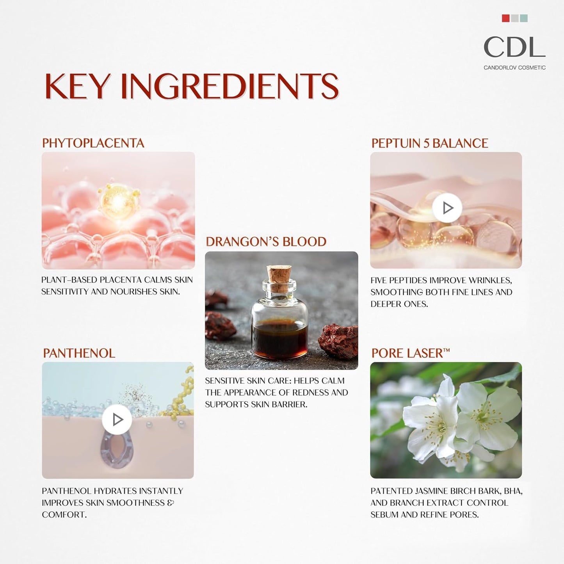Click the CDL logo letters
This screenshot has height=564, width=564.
514,47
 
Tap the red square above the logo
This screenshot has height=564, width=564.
506,18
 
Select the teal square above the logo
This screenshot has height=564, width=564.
524,18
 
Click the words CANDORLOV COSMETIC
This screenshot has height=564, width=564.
514,68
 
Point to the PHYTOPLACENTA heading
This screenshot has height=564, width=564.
93,143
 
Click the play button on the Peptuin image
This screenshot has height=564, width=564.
447,208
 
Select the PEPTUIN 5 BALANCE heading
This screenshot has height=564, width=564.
430,143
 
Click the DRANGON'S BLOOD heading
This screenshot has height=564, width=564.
266,242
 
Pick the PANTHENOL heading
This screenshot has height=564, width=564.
79,353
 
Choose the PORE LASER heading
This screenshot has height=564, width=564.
410,353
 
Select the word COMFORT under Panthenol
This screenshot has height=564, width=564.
64,514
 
